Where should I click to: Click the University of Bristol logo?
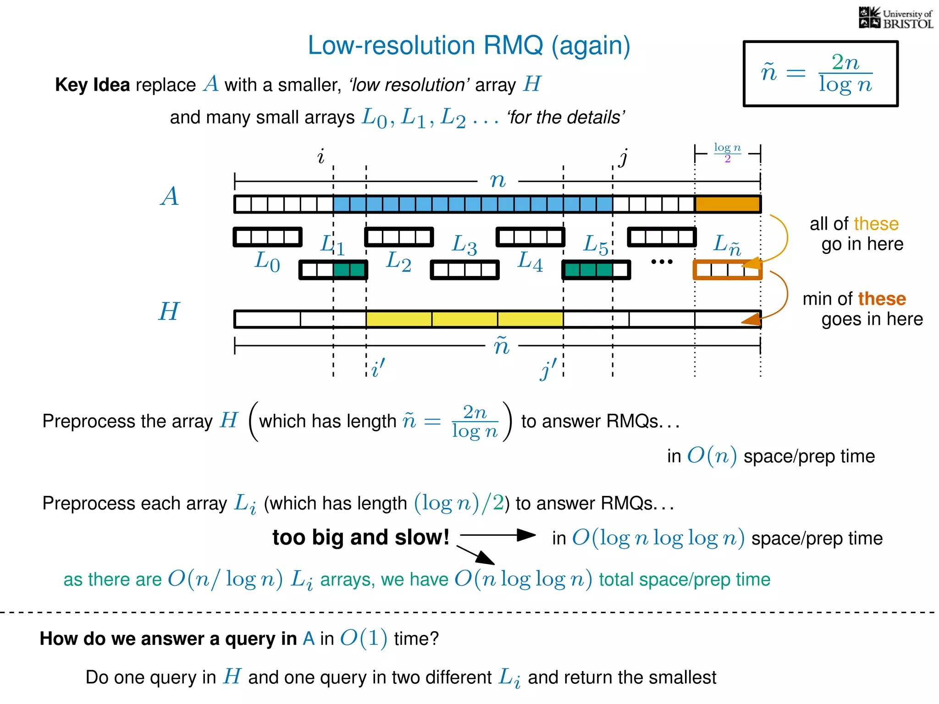pos(895,18)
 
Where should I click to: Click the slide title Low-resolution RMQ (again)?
pos(469,46)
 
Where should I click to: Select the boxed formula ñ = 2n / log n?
pos(820,74)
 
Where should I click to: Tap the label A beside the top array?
pos(170,196)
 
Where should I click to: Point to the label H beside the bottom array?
pos(169,312)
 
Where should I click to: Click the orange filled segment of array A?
pos(728,204)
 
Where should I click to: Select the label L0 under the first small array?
pos(267,262)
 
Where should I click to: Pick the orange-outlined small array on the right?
pos(727,270)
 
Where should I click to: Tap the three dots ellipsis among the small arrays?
pos(662,262)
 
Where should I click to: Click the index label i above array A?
pos(321,156)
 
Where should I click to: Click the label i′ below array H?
pos(378,368)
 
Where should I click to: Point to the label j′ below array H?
pos(548,369)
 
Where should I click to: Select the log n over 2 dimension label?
pos(727,152)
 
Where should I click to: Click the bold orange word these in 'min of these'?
pos(882,299)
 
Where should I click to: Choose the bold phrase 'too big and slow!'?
pos(361,537)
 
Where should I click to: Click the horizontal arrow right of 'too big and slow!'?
pos(498,535)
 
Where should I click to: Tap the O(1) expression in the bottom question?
pos(364,638)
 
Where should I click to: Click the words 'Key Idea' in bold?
pos(93,85)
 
